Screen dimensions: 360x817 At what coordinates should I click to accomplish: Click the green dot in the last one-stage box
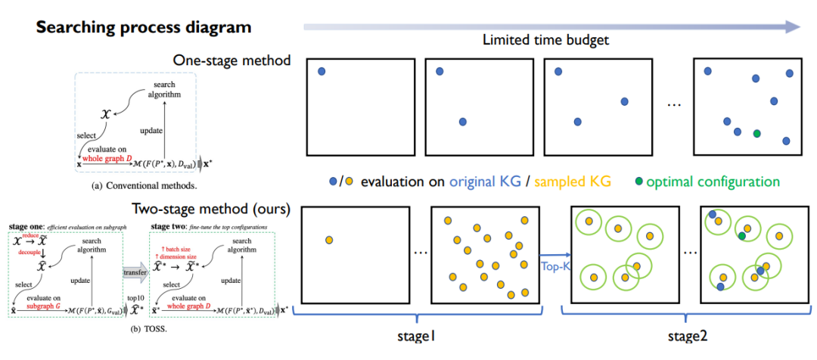click(x=756, y=133)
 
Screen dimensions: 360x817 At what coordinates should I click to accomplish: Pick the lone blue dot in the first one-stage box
click(x=322, y=71)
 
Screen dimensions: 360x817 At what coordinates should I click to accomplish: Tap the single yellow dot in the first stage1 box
click(x=329, y=241)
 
